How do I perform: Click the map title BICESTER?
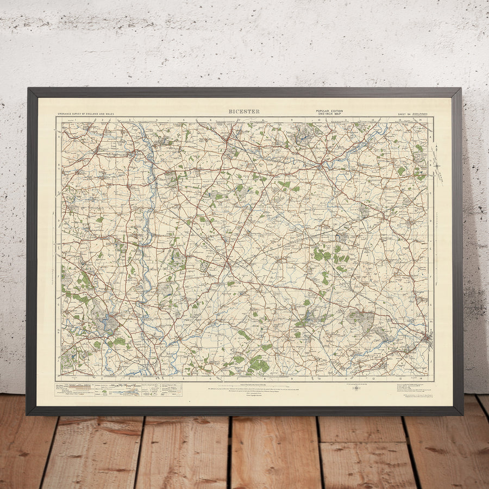pos(244,111)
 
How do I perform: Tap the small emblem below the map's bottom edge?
pos(355,388)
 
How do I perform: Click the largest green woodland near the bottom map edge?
pos(259,364)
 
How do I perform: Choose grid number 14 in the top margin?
pos(421,120)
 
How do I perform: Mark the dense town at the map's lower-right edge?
pos(426,340)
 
